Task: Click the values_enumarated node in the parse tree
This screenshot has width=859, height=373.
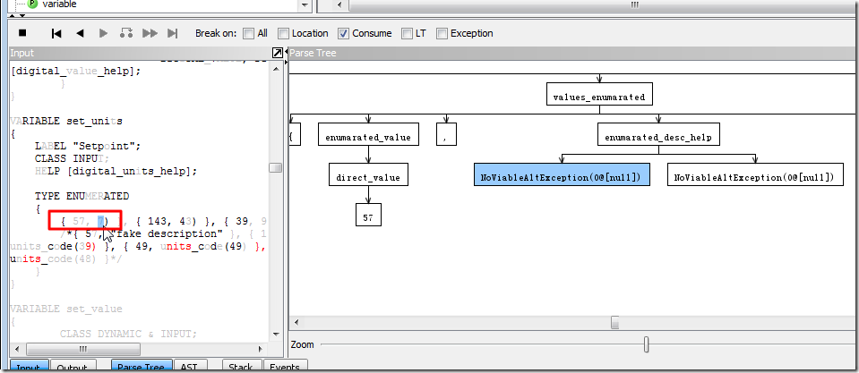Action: (598, 96)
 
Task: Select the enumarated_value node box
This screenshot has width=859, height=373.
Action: (368, 136)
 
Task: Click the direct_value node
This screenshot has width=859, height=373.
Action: (368, 177)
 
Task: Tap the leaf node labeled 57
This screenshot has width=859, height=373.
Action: (368, 216)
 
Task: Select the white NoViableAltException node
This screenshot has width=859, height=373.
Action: (755, 177)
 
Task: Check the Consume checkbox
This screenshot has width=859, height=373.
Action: (344, 34)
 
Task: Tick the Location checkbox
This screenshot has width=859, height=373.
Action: (283, 34)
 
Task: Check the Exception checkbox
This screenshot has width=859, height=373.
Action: (442, 34)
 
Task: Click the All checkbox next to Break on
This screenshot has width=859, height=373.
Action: (248, 34)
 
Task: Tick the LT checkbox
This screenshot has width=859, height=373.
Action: (407, 34)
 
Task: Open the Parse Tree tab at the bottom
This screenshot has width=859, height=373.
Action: (141, 367)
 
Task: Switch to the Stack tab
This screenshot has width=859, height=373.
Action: (240, 367)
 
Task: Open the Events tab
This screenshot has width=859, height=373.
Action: (284, 367)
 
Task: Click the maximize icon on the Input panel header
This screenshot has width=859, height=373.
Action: (278, 54)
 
